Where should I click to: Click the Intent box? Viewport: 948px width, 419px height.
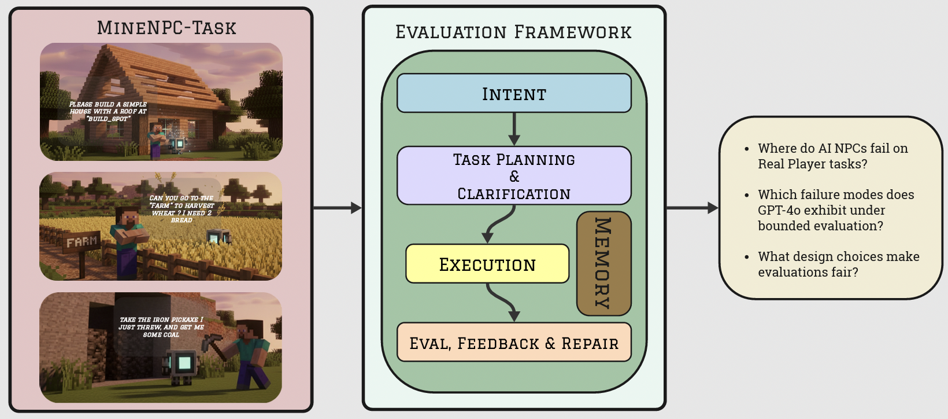click(x=514, y=93)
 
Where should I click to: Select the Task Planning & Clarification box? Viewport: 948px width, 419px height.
click(x=514, y=175)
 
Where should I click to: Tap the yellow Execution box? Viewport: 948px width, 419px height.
click(x=487, y=264)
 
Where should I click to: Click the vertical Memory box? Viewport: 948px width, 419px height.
click(x=603, y=263)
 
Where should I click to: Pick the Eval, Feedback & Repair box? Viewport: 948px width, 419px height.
click(x=514, y=343)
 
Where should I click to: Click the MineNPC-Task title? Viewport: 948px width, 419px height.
click(x=166, y=27)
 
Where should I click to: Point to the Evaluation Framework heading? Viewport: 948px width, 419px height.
click(x=513, y=32)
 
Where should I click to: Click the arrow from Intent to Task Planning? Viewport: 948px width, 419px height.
click(x=514, y=129)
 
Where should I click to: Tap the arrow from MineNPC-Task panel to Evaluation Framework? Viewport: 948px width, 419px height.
click(x=337, y=208)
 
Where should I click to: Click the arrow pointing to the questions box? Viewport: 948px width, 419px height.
click(x=692, y=208)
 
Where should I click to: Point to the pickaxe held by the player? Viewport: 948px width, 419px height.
click(x=212, y=342)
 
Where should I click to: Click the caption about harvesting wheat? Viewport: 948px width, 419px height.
click(x=182, y=209)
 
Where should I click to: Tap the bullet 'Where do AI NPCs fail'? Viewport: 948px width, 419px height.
click(x=832, y=156)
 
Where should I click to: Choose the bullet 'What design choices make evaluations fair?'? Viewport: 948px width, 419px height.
click(x=838, y=264)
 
